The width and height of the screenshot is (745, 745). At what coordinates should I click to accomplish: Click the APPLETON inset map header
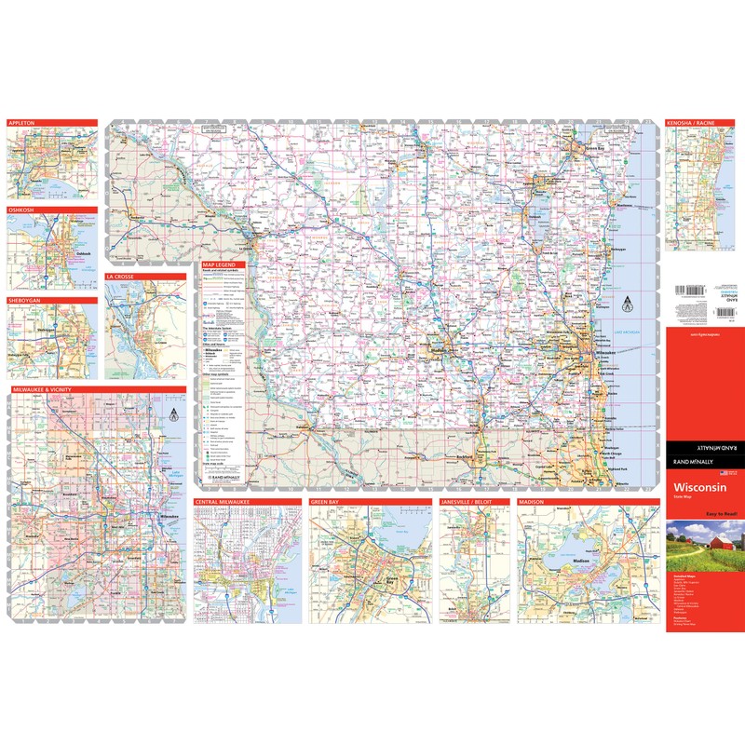[23, 123]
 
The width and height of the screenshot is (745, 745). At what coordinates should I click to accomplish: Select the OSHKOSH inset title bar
[22, 210]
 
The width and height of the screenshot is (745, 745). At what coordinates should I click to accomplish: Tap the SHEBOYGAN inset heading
[25, 301]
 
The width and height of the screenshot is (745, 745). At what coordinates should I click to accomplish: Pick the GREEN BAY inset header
[327, 502]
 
